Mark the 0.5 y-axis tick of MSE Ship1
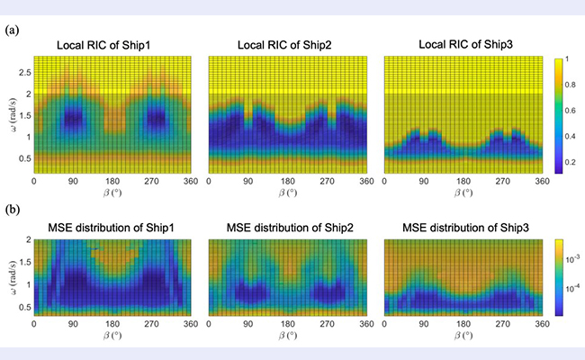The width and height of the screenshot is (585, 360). (x=22, y=305)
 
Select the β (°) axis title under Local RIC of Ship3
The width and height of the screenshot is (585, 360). (x=463, y=193)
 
